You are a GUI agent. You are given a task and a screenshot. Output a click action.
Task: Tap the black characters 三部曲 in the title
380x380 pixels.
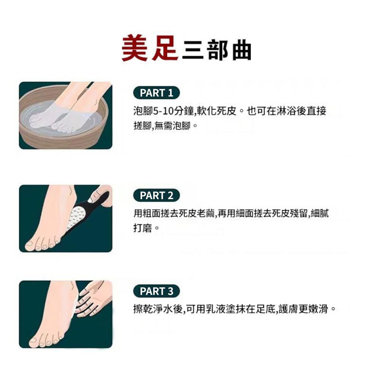click(217, 51)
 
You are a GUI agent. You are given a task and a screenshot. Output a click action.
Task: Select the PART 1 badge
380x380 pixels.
click(156, 93)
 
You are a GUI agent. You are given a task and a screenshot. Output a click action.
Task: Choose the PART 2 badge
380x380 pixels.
click(156, 196)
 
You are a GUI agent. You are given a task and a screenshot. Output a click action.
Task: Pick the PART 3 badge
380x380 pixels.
click(156, 291)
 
